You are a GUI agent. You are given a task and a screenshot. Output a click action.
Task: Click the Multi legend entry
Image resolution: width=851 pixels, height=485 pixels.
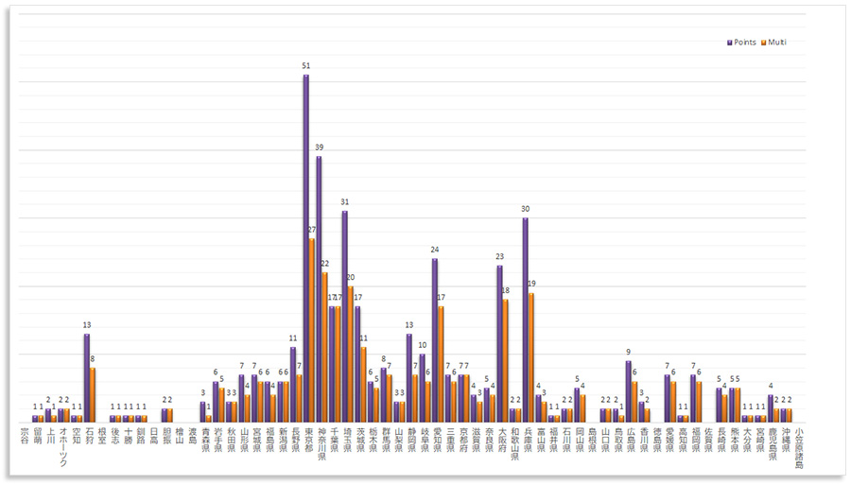776,43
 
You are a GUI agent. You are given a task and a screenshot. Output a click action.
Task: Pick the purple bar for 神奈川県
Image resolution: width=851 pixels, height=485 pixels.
319,288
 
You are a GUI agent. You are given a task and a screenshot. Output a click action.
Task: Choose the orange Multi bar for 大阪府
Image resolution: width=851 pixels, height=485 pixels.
506,360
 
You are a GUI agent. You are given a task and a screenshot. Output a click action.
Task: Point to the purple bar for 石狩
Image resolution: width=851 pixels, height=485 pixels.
87,377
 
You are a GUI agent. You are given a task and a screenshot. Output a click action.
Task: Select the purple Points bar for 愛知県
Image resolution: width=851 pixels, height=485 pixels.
435,339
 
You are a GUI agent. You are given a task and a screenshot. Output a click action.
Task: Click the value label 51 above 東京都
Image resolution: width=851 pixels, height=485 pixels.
306,66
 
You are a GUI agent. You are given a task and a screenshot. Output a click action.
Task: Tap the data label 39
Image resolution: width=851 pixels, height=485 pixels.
319,147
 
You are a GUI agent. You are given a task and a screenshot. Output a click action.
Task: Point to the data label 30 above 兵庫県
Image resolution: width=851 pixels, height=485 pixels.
526,209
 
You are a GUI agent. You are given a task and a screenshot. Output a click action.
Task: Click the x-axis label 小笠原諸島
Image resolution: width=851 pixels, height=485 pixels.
799,446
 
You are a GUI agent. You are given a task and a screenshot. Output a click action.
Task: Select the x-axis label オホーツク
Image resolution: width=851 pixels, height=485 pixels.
63,446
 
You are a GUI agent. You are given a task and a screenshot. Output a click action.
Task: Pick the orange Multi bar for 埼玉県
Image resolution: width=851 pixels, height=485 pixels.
351,354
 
